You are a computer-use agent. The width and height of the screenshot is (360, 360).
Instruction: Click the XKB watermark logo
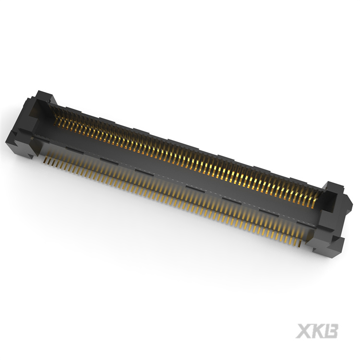tap(317, 331)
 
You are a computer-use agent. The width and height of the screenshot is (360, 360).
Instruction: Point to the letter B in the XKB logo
tap(331, 331)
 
